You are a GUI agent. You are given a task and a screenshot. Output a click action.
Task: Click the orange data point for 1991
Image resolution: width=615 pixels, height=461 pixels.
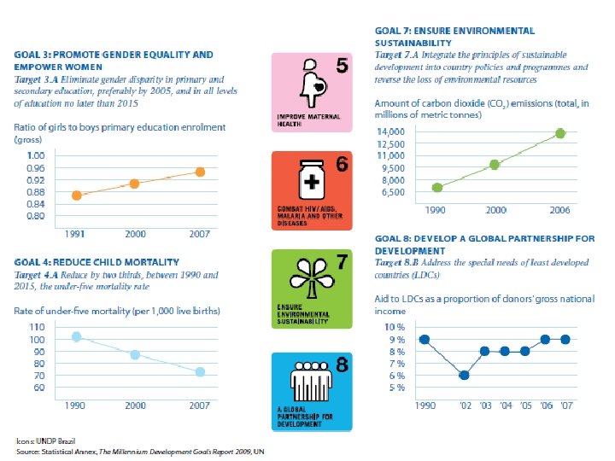pos(76,195)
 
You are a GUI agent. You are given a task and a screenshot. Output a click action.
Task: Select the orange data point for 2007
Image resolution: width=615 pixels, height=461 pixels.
pos(200,172)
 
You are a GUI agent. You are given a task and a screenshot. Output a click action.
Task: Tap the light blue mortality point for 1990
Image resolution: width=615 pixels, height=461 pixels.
pos(76,336)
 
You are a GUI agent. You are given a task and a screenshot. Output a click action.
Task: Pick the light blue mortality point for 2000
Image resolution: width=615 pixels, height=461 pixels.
pos(134,354)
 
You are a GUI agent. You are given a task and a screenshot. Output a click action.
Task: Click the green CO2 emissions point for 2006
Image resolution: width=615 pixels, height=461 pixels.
pos(560,133)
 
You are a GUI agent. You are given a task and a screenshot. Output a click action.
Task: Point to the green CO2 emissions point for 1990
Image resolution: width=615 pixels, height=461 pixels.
pos(436,188)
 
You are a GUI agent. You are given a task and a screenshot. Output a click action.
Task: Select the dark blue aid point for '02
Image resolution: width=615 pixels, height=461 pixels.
pos(464,375)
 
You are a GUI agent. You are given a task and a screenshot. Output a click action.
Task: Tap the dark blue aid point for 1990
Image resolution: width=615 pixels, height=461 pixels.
pos(425,339)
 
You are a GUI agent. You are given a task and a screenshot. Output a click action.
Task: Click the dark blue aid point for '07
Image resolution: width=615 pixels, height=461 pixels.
pos(564,339)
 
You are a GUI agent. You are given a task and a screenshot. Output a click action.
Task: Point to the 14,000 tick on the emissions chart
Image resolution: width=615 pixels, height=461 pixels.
pos(389,131)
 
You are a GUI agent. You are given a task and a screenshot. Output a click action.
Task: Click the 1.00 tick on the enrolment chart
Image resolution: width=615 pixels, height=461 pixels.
pos(36,155)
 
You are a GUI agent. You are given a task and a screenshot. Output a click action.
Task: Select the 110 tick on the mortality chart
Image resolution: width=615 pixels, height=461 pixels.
pos(36,328)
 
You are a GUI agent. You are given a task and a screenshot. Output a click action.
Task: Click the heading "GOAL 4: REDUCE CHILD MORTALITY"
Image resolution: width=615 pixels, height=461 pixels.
pos(97,261)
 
